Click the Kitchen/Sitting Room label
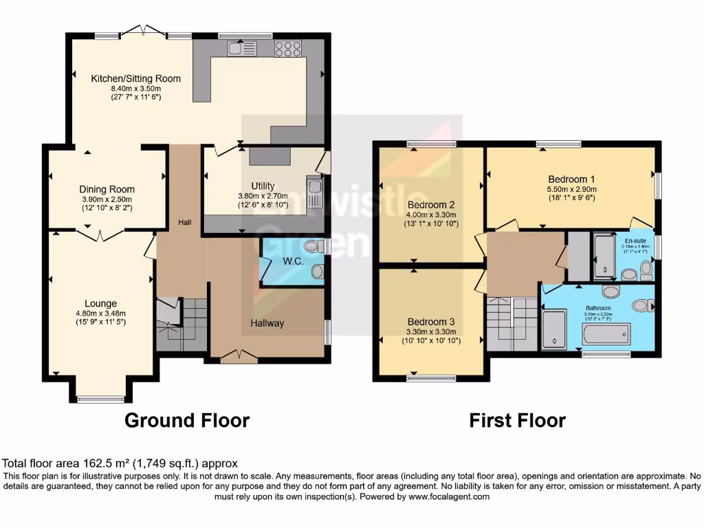pyautogui.click(x=136, y=78)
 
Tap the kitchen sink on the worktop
pyautogui.click(x=241, y=47)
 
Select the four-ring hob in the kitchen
pyautogui.click(x=287, y=47)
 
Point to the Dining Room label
pyautogui.click(x=107, y=189)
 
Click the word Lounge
pyautogui.click(x=100, y=303)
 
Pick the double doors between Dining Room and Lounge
pyautogui.click(x=100, y=235)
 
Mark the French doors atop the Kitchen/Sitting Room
pyautogui.click(x=144, y=31)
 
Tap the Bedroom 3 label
pyautogui.click(x=431, y=322)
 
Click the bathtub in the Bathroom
pyautogui.click(x=605, y=334)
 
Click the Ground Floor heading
pyautogui.click(x=186, y=420)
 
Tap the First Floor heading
pyautogui.click(x=517, y=420)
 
